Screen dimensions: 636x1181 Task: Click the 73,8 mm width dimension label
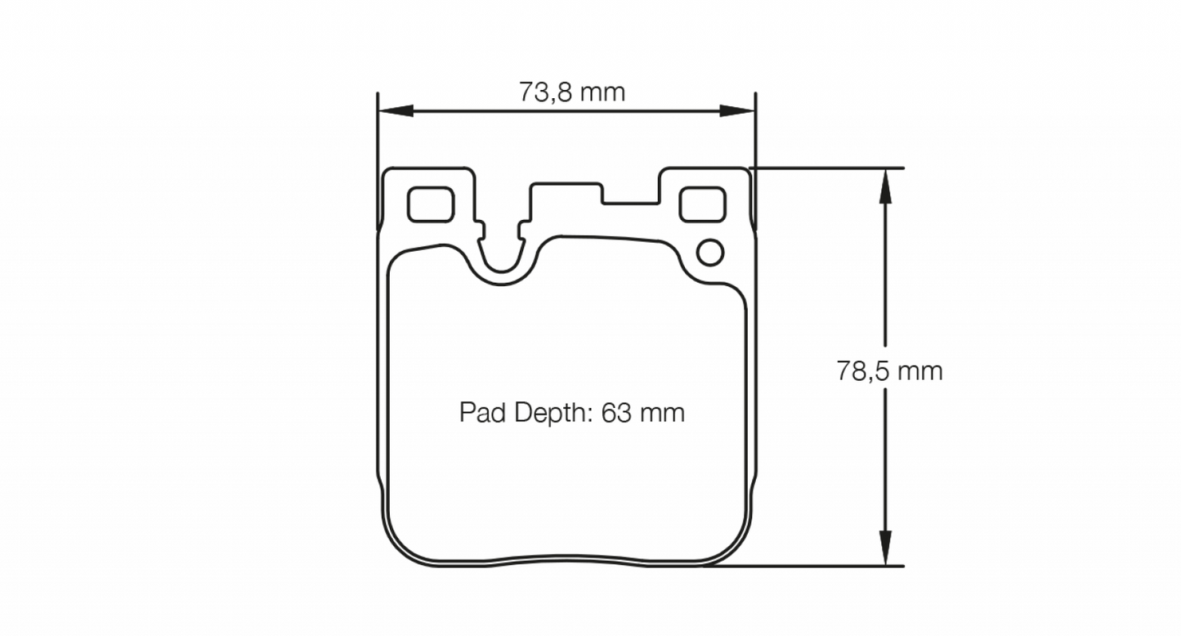pyautogui.click(x=571, y=92)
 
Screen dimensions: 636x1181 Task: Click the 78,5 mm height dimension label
pyautogui.click(x=889, y=371)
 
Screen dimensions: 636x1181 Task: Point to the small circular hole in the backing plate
pyautogui.click(x=709, y=253)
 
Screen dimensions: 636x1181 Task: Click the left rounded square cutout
pyautogui.click(x=431, y=204)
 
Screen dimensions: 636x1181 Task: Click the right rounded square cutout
pyautogui.click(x=702, y=204)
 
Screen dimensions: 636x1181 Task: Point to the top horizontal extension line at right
pyautogui.click(x=825, y=168)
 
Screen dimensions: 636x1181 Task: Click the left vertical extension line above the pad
pyautogui.click(x=378, y=131)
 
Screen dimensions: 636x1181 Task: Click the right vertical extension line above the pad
pyautogui.click(x=755, y=131)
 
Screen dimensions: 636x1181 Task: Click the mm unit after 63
pyautogui.click(x=663, y=413)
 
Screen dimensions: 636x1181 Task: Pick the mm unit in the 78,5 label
pyautogui.click(x=920, y=371)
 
